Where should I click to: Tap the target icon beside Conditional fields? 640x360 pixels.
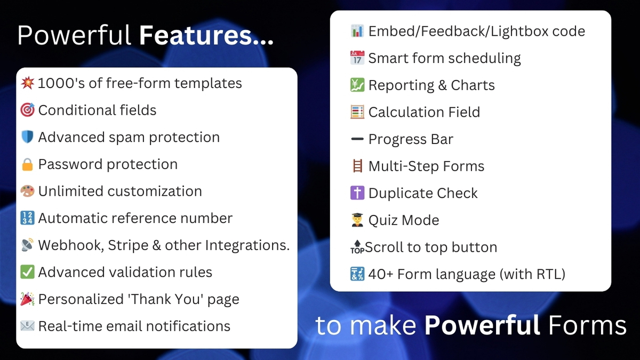27,110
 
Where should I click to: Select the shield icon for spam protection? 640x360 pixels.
27,138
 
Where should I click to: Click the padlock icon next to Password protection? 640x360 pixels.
27,164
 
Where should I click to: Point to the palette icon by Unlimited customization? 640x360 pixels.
27,191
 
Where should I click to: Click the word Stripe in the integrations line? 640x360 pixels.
128,245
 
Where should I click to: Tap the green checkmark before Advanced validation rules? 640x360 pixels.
27,273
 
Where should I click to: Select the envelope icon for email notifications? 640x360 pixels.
27,326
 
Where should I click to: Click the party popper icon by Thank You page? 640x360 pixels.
27,299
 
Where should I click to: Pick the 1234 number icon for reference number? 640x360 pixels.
27,219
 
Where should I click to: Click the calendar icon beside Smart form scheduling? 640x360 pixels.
357,58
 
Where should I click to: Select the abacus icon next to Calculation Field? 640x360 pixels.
357,112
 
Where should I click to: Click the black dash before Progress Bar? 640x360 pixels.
357,140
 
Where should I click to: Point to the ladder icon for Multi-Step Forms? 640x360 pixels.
357,166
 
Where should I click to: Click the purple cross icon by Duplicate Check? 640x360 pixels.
357,193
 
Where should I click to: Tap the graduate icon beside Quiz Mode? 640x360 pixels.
357,220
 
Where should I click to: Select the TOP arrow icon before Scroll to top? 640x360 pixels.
357,247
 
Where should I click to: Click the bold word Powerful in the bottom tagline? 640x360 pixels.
482,325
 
